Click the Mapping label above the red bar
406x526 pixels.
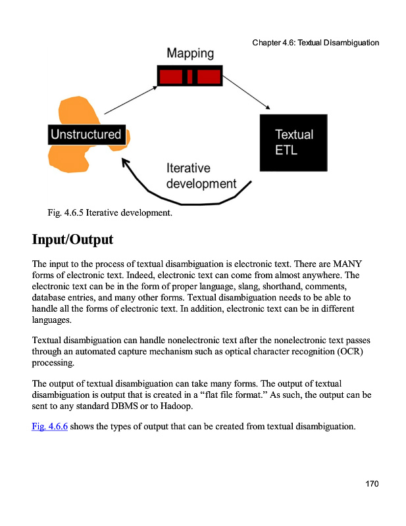click(190, 53)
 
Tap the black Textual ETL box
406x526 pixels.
click(293, 143)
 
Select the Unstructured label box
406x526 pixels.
click(86, 135)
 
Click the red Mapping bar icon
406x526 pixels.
click(190, 76)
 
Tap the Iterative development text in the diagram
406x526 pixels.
click(200, 176)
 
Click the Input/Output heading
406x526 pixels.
click(72, 239)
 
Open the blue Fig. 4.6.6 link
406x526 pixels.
click(49, 427)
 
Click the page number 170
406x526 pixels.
click(372, 485)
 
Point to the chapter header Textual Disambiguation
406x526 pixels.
click(315, 43)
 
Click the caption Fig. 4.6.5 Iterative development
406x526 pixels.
click(109, 213)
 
